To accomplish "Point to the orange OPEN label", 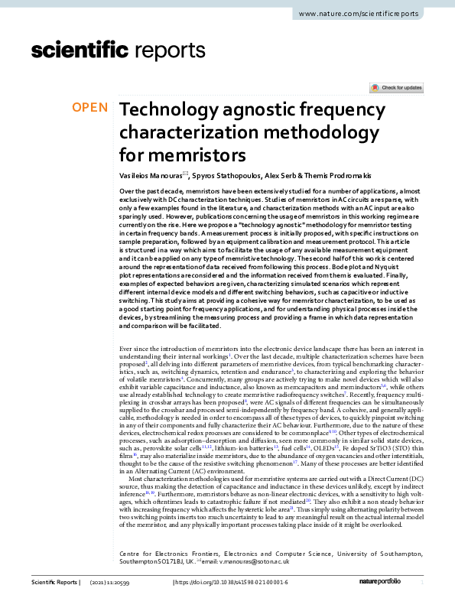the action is pos(90,108).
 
